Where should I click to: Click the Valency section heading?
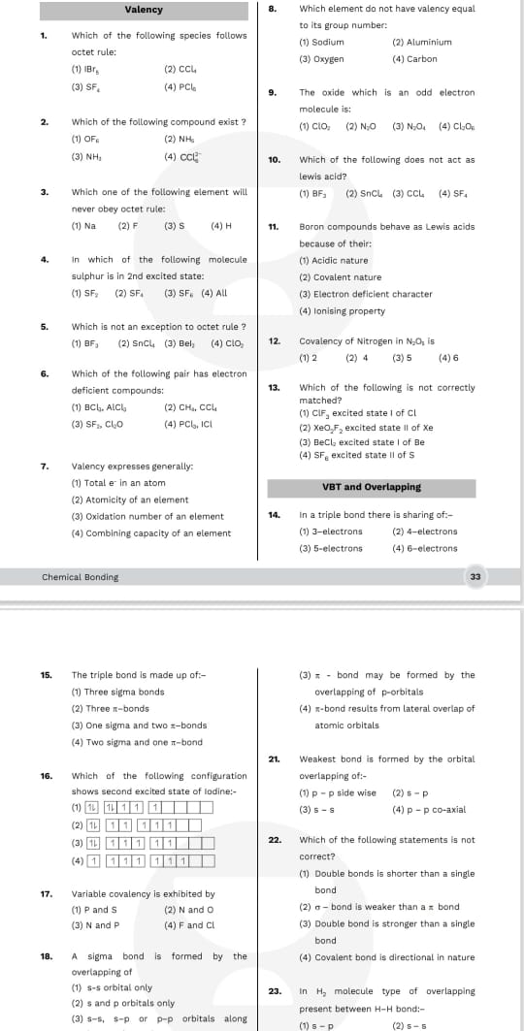(144, 10)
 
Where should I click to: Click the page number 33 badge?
(475, 576)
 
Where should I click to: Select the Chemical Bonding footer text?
(80, 577)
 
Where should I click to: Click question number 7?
(45, 467)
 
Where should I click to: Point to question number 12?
(274, 341)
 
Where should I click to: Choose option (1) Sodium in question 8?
(322, 43)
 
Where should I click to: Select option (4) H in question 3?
(221, 226)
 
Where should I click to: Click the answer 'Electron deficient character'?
(366, 294)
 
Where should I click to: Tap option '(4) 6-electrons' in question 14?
(424, 548)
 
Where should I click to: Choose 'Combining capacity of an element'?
(150, 533)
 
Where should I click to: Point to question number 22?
(274, 840)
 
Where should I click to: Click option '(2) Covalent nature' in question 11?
(340, 277)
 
